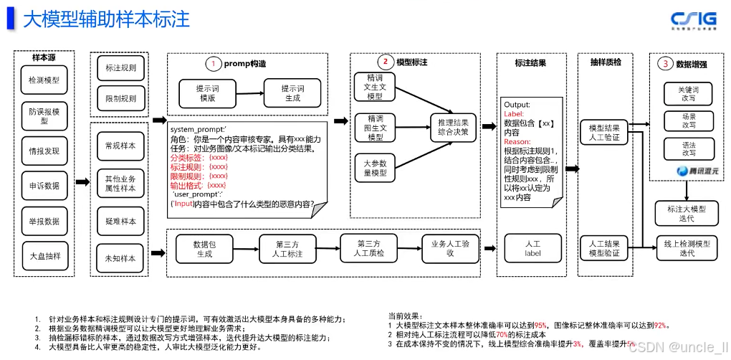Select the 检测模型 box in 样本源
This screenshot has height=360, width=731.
click(x=44, y=80)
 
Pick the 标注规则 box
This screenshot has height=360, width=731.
click(x=120, y=69)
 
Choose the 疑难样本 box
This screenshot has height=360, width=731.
click(x=120, y=221)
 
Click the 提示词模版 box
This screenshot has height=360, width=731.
click(x=207, y=93)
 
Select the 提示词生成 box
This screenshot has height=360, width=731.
click(x=293, y=93)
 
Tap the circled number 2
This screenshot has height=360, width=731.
click(x=384, y=62)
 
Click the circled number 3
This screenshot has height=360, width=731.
click(x=665, y=63)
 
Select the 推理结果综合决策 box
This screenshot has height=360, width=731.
click(x=453, y=127)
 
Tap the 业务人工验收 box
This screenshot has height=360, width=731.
click(x=450, y=249)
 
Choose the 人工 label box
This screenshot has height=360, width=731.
click(x=532, y=248)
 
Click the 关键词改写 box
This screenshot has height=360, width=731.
click(x=688, y=93)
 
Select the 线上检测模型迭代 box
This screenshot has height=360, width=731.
click(x=687, y=248)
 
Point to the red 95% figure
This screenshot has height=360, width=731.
click(x=540, y=325)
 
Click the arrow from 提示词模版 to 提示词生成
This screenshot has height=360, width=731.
click(x=249, y=93)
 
